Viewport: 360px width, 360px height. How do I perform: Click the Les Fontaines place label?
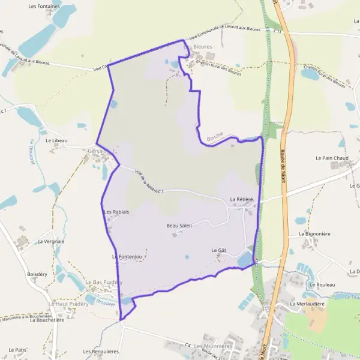pyautogui.click(x=44, y=6)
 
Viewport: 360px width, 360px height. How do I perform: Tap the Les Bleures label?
pyautogui.click(x=198, y=46)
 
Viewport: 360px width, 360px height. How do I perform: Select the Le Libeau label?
pyautogui.click(x=56, y=140)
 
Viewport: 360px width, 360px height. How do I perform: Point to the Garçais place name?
pyautogui.click(x=97, y=150)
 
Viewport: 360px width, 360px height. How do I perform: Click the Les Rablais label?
pyautogui.click(x=116, y=212)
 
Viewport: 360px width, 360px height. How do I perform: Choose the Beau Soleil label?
pyautogui.click(x=179, y=225)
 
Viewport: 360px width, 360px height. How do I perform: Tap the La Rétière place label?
pyautogui.click(x=242, y=199)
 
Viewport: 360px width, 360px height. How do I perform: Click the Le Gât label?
pyautogui.click(x=218, y=250)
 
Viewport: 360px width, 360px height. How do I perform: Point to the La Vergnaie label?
pyautogui.click(x=50, y=241)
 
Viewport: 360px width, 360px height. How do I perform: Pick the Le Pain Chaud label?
pyautogui.click(x=332, y=158)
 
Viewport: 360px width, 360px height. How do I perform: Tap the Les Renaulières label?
pyautogui.click(x=101, y=352)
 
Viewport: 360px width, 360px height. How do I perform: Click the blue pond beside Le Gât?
pyautogui.click(x=245, y=260)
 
